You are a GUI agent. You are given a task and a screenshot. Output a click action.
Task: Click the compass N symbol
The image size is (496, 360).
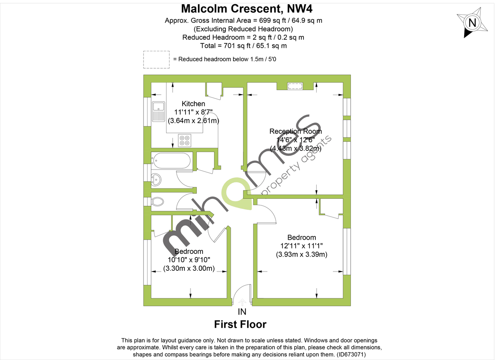click(472, 23)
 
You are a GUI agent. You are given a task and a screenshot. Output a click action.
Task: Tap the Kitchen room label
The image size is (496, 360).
click(193, 104)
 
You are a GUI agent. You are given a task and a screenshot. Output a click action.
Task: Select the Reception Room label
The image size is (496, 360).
click(296, 131)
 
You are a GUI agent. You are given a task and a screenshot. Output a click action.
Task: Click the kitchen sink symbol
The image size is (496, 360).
click(158, 112)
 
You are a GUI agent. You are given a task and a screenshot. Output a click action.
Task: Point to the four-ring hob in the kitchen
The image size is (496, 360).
click(184, 141)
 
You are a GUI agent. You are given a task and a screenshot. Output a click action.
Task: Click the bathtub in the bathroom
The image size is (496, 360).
click(172, 161)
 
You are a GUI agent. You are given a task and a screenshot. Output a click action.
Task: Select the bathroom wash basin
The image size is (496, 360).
click(157, 179)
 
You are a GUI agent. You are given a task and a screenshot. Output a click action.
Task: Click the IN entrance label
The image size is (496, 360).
click(242, 312)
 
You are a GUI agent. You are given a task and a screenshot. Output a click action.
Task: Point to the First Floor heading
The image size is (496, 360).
click(240, 324)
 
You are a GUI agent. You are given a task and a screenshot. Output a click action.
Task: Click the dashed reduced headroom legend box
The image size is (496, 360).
click(156, 60)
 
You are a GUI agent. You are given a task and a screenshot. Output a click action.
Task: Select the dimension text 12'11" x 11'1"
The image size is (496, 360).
click(301, 246)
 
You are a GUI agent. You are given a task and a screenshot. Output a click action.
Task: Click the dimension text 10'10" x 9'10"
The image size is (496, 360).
click(188, 260)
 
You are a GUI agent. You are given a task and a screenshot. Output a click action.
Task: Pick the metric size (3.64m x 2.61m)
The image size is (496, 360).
click(193, 121)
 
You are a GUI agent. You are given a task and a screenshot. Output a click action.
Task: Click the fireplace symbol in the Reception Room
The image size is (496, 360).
click(295, 86)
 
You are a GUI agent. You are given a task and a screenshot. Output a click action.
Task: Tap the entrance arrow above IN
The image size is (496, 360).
click(242, 303)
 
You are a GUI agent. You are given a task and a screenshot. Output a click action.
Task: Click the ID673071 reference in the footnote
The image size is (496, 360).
click(351, 355)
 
